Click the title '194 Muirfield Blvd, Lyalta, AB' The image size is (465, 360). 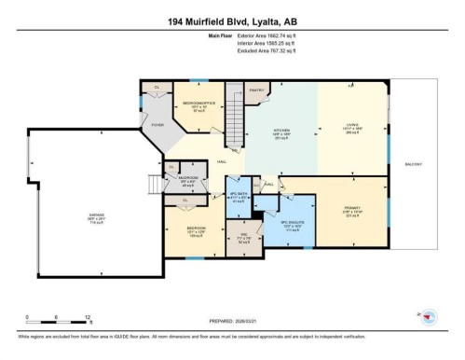tap(232, 21)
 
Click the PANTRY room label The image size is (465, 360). tap(256, 90)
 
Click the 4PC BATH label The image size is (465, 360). tap(239, 195)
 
